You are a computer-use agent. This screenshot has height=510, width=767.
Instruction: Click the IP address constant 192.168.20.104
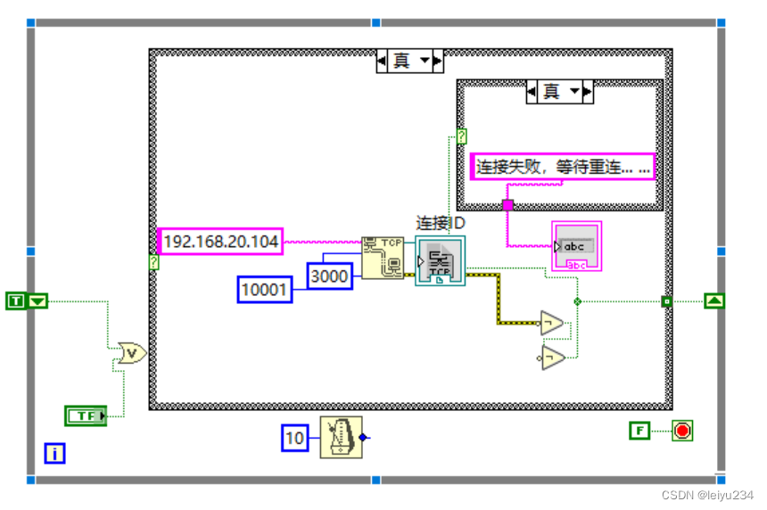220,241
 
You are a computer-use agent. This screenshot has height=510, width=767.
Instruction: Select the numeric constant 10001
265,289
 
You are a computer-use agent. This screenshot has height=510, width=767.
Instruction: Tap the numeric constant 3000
330,276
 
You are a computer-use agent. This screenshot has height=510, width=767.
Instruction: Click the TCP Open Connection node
382,257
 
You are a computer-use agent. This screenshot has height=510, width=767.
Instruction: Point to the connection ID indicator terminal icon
440,262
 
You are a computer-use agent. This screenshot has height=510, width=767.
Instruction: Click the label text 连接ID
441,222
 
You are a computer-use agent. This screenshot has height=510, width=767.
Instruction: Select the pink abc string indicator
576,246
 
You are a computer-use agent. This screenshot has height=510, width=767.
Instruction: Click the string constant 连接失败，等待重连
563,166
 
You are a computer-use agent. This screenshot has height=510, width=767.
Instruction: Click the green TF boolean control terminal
86,415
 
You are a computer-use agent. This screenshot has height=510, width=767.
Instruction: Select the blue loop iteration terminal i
54,454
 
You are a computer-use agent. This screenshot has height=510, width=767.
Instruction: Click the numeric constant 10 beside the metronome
294,438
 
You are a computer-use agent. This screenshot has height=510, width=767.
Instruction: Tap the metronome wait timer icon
342,437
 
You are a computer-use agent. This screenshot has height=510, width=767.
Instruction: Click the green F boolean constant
639,431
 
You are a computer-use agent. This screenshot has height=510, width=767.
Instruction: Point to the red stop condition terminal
682,431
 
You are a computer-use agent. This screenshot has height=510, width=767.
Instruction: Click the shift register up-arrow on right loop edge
714,301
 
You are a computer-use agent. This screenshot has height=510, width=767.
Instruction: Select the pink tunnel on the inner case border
507,205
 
